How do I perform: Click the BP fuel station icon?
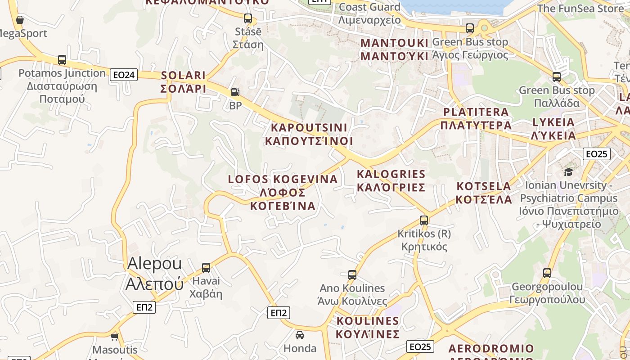click(235, 92)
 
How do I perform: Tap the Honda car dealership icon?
click(300, 335)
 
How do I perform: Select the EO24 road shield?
click(124, 75)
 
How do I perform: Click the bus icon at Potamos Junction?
click(62, 60)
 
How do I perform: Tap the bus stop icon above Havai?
click(206, 268)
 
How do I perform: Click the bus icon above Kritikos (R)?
click(424, 220)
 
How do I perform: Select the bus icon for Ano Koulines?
click(352, 274)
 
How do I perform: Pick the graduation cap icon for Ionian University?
click(568, 172)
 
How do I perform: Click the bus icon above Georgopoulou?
click(547, 273)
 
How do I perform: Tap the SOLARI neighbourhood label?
click(183, 82)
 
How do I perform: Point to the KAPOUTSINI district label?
click(309, 134)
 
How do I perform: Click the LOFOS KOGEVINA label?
click(283, 192)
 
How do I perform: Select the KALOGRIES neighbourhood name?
click(391, 180)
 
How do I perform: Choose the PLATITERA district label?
click(476, 118)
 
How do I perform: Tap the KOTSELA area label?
click(484, 193)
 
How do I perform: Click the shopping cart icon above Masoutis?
click(114, 336)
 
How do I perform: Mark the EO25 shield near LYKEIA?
click(596, 154)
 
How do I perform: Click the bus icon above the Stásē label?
click(248, 18)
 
